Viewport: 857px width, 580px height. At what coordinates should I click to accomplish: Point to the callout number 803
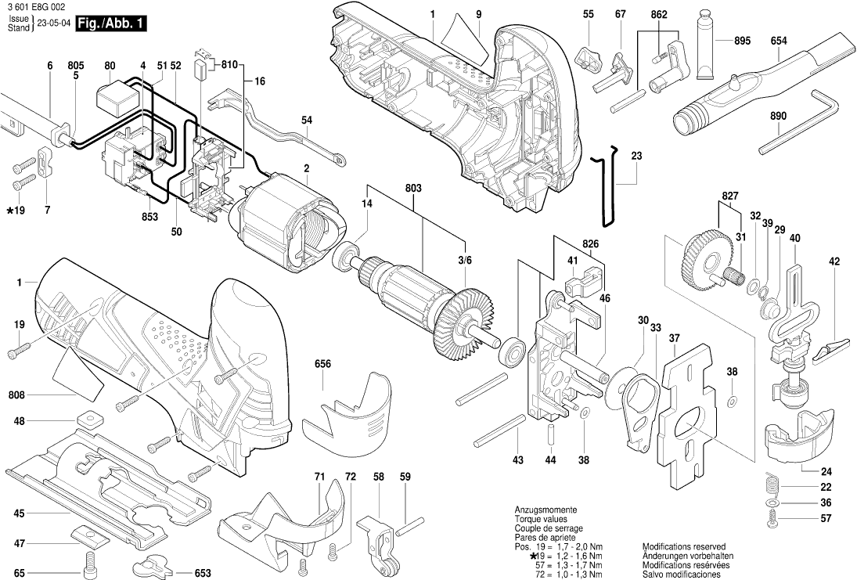(413, 188)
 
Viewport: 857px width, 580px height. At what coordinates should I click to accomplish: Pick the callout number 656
(322, 363)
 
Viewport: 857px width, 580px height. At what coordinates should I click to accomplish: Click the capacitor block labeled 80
(117, 99)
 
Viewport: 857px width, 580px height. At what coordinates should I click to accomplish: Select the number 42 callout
(834, 261)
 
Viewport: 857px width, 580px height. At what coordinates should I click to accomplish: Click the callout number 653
(203, 574)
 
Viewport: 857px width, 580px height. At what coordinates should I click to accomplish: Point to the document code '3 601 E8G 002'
(34, 6)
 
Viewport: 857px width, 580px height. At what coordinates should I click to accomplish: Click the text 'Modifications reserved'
(683, 546)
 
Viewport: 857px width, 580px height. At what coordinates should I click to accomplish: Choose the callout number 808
(18, 396)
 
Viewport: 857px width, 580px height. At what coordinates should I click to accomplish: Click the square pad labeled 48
(92, 418)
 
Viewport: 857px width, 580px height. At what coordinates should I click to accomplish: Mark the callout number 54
(307, 120)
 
